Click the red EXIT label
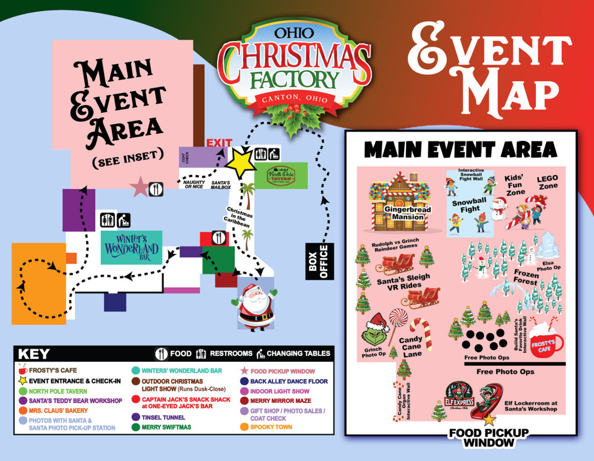pos(219,143)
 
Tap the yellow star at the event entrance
pos(240,164)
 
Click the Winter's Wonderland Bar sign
pos(131,248)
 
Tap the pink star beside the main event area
pos(139,187)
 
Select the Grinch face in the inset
pos(376,331)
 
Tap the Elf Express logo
pos(459,397)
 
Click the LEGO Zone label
pos(546,183)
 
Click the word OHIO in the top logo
pos(295,32)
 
